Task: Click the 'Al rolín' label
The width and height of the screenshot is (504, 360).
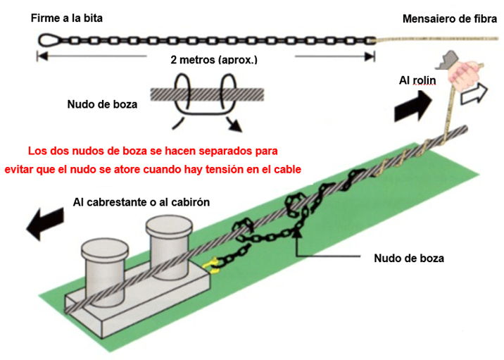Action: point(417,81)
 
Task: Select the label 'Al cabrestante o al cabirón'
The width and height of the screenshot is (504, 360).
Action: point(141,202)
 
